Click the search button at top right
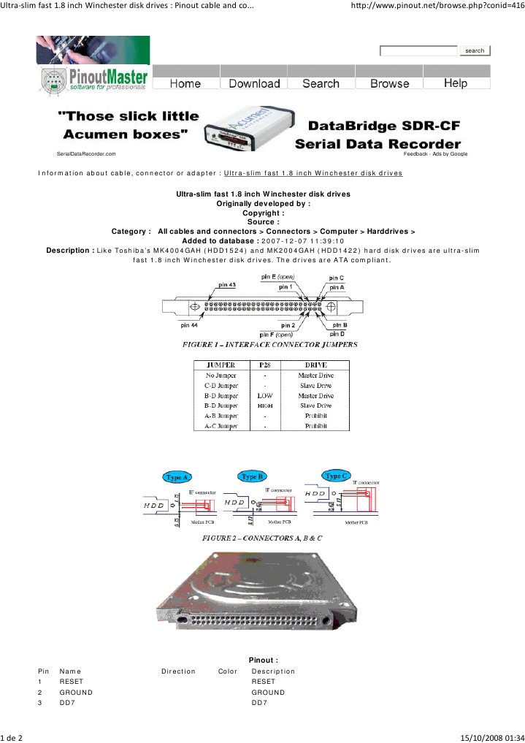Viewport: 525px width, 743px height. (x=475, y=50)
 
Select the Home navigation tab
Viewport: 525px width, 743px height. (x=185, y=83)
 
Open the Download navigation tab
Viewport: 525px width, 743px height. (x=254, y=83)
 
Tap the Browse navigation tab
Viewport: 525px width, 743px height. (x=389, y=83)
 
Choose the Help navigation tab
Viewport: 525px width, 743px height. (x=455, y=83)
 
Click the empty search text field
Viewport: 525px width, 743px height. (x=418, y=50)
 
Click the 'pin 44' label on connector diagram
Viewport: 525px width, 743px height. (x=189, y=325)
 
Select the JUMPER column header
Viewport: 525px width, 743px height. (x=221, y=365)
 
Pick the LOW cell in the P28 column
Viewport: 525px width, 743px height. (x=265, y=396)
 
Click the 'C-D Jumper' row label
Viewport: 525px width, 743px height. (x=221, y=386)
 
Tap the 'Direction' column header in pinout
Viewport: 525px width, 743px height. (x=178, y=671)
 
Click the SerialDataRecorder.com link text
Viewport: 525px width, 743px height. (x=86, y=154)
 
